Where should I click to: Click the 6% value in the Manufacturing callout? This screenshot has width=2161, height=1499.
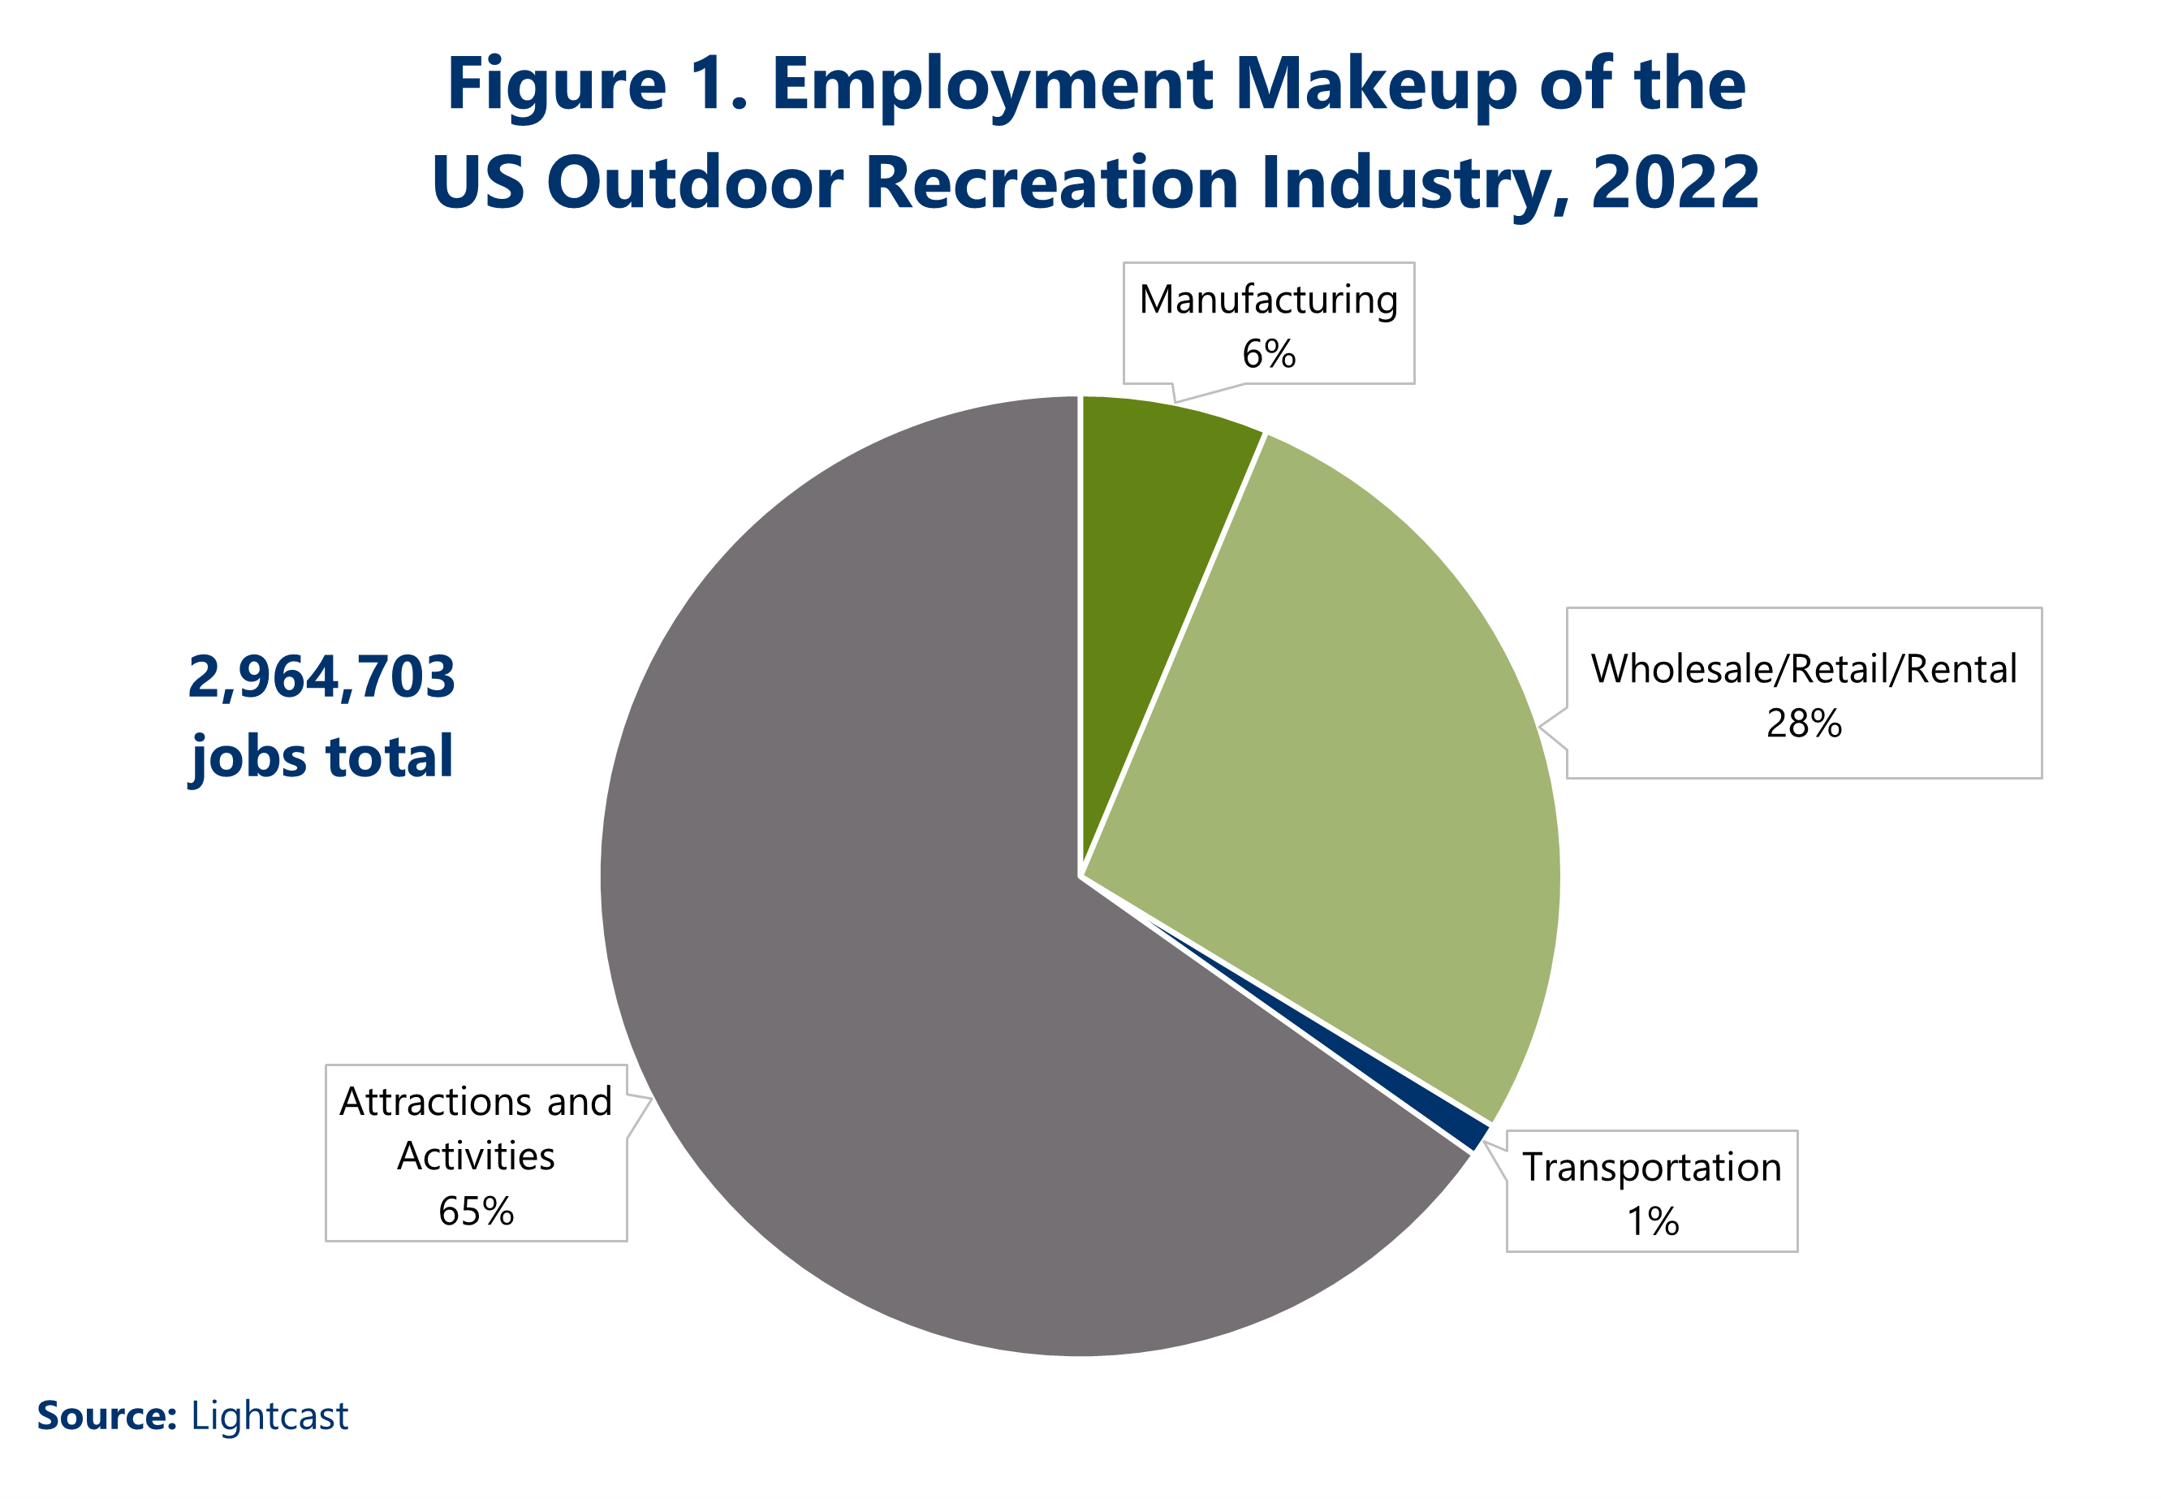point(1268,355)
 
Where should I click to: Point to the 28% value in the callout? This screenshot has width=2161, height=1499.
point(1803,724)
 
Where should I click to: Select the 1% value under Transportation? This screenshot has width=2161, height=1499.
point(1651,1221)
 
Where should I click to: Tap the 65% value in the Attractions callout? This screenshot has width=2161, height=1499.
point(476,1212)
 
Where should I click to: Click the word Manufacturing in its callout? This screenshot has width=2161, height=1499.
point(1268,300)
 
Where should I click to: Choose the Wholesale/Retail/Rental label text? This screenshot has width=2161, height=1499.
point(1803,670)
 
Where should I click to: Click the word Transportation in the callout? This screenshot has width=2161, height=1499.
point(1651,1168)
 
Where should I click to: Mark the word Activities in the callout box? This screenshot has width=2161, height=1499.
point(476,1156)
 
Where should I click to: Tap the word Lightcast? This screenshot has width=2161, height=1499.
point(270,1416)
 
